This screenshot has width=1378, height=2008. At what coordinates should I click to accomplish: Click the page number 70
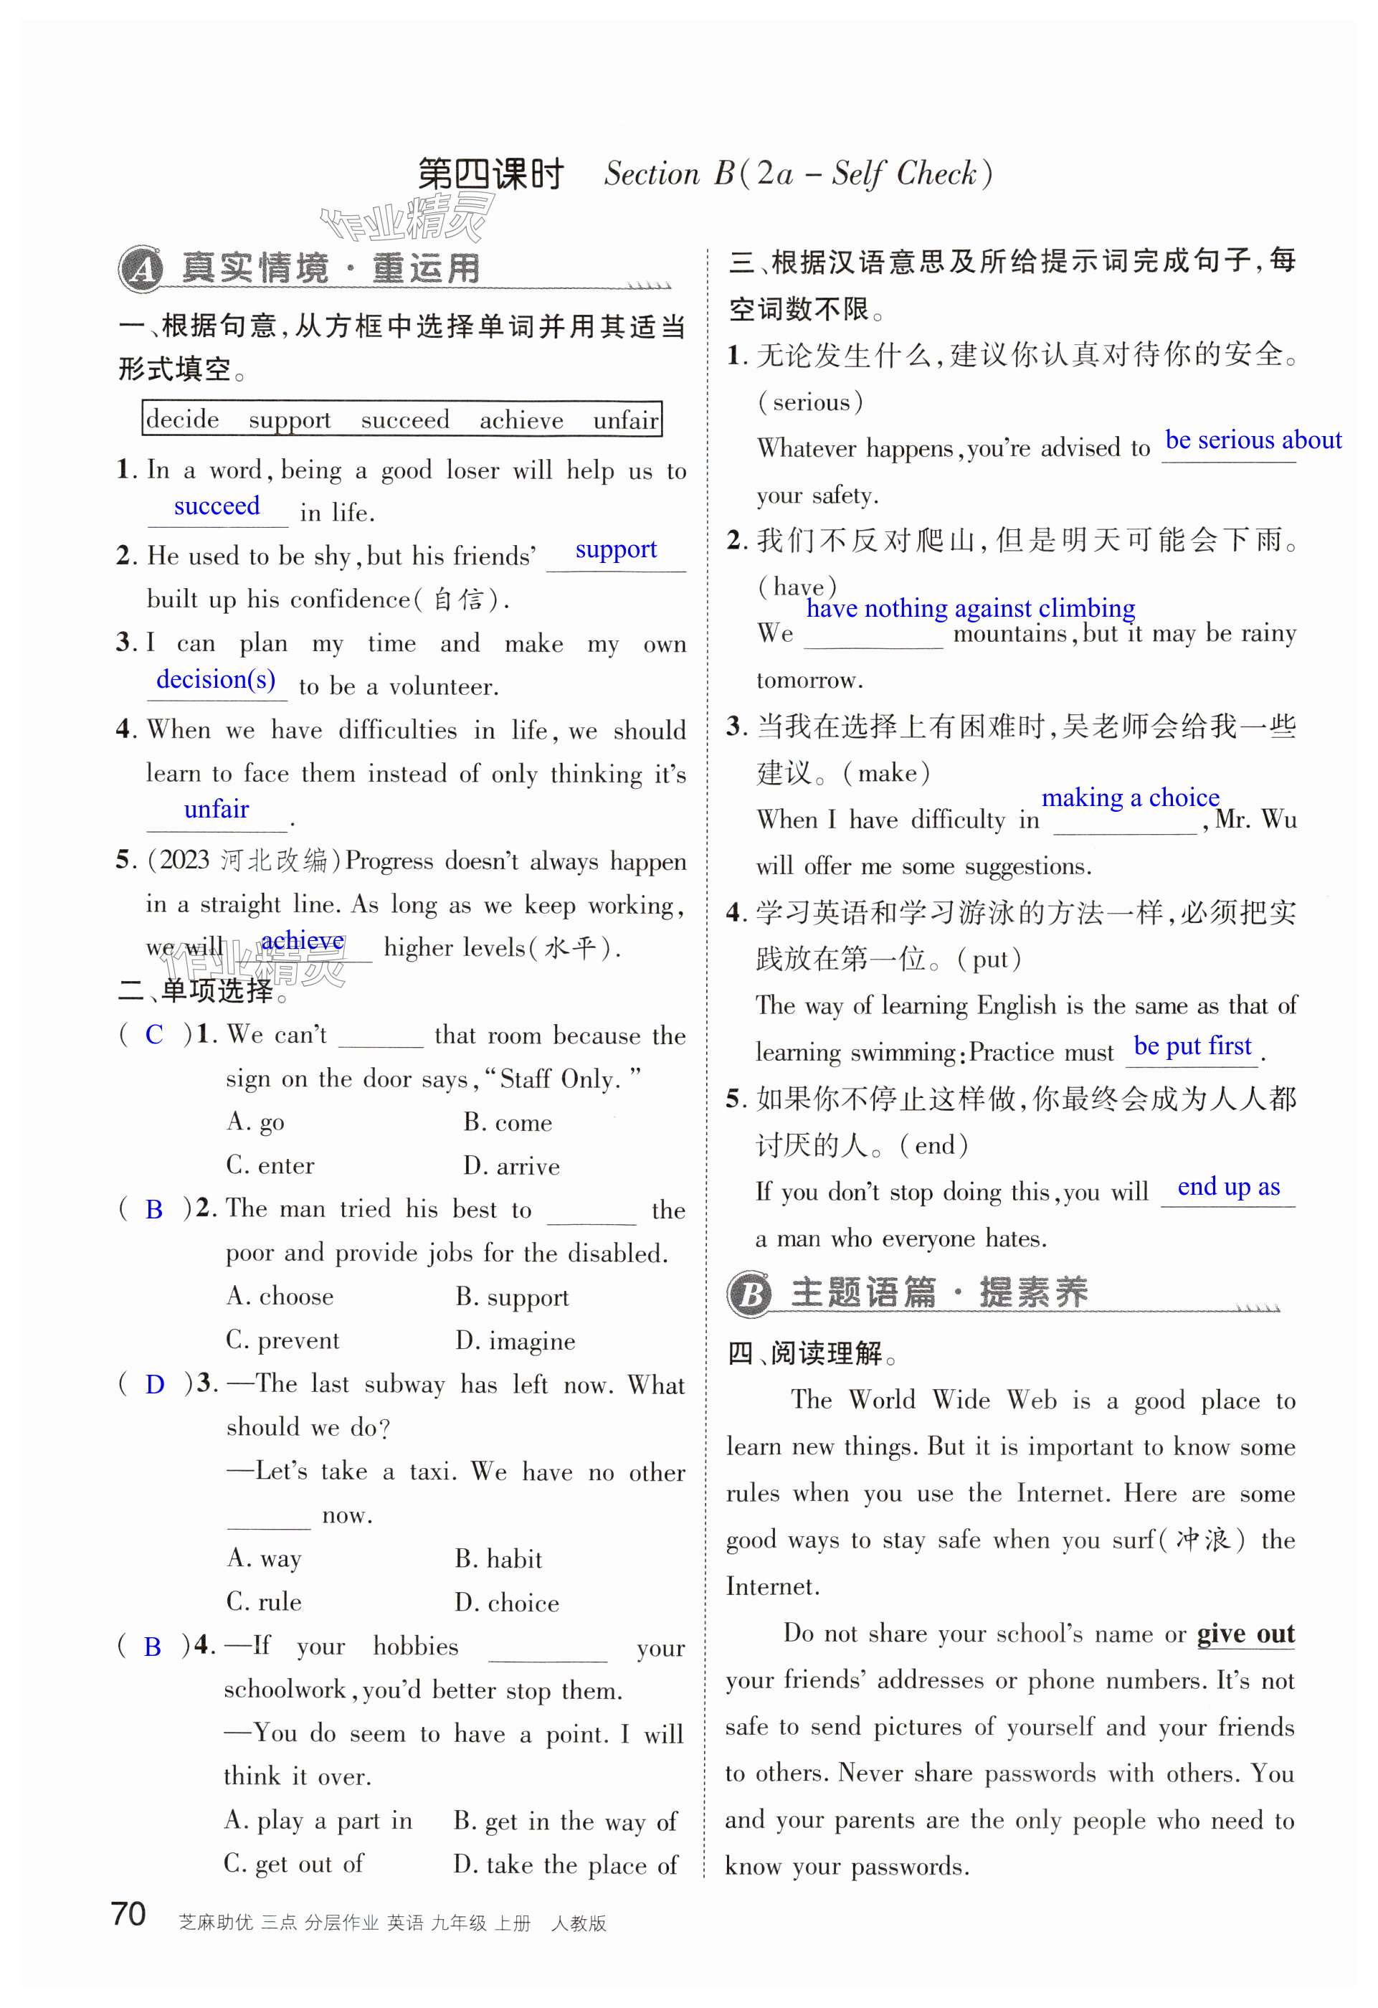128,1914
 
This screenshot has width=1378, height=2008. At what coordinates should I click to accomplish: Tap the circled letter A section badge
141,269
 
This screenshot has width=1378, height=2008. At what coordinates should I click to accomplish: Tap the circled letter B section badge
750,1294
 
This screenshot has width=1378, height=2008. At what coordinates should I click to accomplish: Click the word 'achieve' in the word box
521,421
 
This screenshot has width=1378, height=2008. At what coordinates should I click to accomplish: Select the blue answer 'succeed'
217,506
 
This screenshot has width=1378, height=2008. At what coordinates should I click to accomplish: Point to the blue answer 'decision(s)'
216,680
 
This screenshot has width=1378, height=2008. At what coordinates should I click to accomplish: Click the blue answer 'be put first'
1192,1046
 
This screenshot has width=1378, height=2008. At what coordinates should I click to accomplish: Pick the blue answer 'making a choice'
1130,797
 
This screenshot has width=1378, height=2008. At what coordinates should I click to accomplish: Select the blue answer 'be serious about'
1253,440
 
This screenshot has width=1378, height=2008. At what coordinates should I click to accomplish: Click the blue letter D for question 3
155,1384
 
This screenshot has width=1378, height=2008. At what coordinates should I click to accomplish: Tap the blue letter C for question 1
155,1034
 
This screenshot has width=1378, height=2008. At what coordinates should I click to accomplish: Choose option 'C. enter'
270,1165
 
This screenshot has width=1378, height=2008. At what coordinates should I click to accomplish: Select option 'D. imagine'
515,1341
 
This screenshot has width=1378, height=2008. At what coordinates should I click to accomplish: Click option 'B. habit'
498,1558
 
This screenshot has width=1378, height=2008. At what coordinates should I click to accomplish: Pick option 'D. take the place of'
566,1865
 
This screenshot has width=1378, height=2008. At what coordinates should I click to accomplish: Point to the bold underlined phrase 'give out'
1245,1634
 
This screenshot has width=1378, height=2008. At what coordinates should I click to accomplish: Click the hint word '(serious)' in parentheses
810,402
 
